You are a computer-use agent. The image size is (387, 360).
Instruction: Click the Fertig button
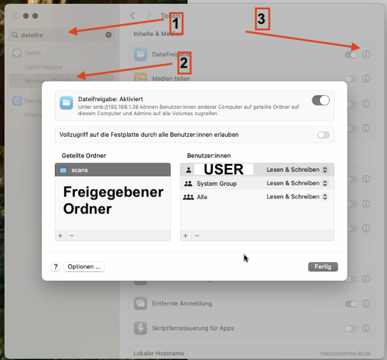pyautogui.click(x=322, y=267)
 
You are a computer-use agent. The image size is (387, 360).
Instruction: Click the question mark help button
pyautogui.click(x=56, y=267)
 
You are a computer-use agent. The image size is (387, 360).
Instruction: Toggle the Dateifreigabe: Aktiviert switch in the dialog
pyautogui.click(x=321, y=100)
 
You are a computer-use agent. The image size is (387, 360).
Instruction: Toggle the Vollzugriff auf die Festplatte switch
pyautogui.click(x=323, y=135)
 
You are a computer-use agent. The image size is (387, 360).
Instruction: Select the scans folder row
pyautogui.click(x=112, y=170)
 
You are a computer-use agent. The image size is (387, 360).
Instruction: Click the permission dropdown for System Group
pyautogui.click(x=297, y=183)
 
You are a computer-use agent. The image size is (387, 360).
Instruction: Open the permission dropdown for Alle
pyautogui.click(x=297, y=197)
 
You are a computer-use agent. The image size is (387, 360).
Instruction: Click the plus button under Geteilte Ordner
pyautogui.click(x=59, y=236)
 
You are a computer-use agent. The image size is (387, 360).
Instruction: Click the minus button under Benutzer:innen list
pyautogui.click(x=197, y=236)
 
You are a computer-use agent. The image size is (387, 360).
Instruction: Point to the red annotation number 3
pyautogui.click(x=261, y=19)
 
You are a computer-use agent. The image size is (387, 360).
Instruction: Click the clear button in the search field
pyautogui.click(x=108, y=35)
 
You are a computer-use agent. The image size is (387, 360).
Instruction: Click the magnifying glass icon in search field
pyautogui.click(x=15, y=35)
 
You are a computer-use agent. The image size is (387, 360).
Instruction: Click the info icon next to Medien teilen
pyautogui.click(x=366, y=79)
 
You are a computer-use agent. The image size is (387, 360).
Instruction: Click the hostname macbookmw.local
pyautogui.click(x=346, y=354)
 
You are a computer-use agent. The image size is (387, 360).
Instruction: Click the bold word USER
pyautogui.click(x=224, y=170)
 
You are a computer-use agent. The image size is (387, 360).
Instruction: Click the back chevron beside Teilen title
pyautogui.click(x=133, y=15)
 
